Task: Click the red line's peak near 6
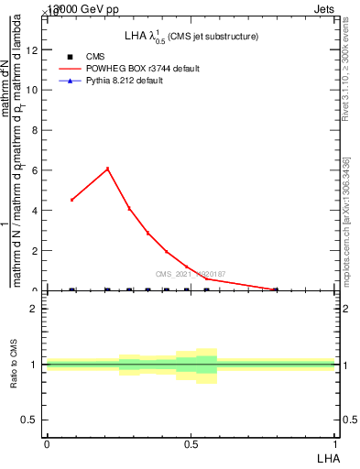click(108, 169)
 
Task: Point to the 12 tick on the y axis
click(36, 49)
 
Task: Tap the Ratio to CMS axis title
click(14, 363)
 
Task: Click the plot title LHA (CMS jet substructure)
click(191, 36)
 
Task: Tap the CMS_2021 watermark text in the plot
click(191, 274)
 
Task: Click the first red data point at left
click(72, 200)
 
